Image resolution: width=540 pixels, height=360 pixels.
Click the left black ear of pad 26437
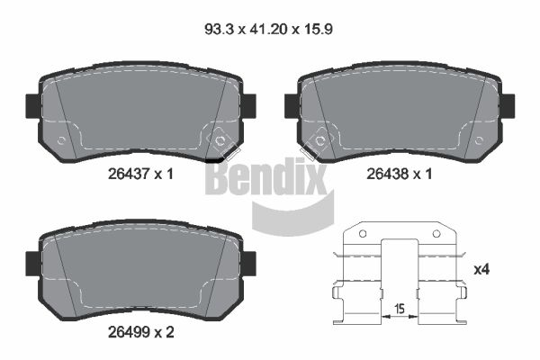point(32,104)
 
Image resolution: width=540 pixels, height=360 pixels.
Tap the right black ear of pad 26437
point(248,104)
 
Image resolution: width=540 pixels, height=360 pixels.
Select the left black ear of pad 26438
point(292,104)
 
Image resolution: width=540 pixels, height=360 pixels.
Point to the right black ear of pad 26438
point(508,104)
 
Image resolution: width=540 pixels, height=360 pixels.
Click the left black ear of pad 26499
point(32,263)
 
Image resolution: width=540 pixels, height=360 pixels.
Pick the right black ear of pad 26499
point(248,263)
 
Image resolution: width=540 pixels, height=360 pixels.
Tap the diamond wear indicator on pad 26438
point(318,141)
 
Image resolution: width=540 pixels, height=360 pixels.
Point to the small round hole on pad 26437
point(61,140)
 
